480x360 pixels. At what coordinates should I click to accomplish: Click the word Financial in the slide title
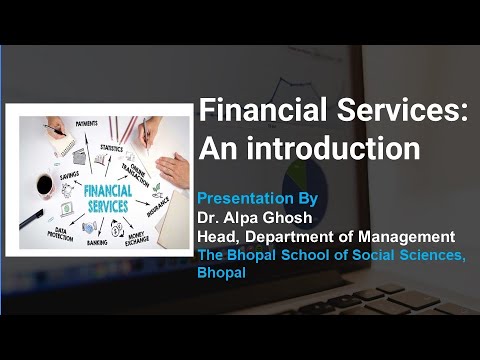pyautogui.click(x=263, y=110)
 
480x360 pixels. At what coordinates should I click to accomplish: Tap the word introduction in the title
pyautogui.click(x=333, y=148)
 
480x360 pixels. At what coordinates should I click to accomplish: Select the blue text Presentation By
pyautogui.click(x=257, y=199)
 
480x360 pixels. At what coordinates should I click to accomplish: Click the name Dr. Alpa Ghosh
pyautogui.click(x=255, y=218)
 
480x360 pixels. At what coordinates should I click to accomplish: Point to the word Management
pyautogui.click(x=407, y=237)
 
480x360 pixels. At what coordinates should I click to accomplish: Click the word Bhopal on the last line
pyautogui.click(x=221, y=272)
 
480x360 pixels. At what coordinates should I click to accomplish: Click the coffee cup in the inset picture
pyautogui.click(x=45, y=185)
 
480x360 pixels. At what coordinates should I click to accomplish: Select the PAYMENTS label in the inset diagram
pyautogui.click(x=86, y=124)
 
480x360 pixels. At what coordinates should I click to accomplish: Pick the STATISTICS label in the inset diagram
pyautogui.click(x=112, y=148)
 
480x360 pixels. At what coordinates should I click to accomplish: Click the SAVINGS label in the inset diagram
pyautogui.click(x=69, y=175)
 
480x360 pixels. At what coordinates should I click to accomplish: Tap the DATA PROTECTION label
pyautogui.click(x=60, y=234)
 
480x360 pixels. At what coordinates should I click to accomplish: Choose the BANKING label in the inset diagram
pyautogui.click(x=97, y=242)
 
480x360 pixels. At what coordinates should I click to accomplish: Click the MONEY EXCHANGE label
pyautogui.click(x=137, y=239)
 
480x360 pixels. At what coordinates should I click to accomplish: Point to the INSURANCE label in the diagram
pyautogui.click(x=158, y=207)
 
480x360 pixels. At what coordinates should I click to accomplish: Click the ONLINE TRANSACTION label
pyautogui.click(x=135, y=175)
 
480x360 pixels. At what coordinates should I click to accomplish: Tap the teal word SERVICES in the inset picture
pyautogui.click(x=108, y=206)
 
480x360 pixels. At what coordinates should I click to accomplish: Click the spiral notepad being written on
pyautogui.click(x=63, y=142)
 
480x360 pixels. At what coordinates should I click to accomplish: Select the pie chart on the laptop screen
pyautogui.click(x=304, y=187)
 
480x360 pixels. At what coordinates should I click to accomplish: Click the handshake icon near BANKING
pyautogui.click(x=89, y=228)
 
